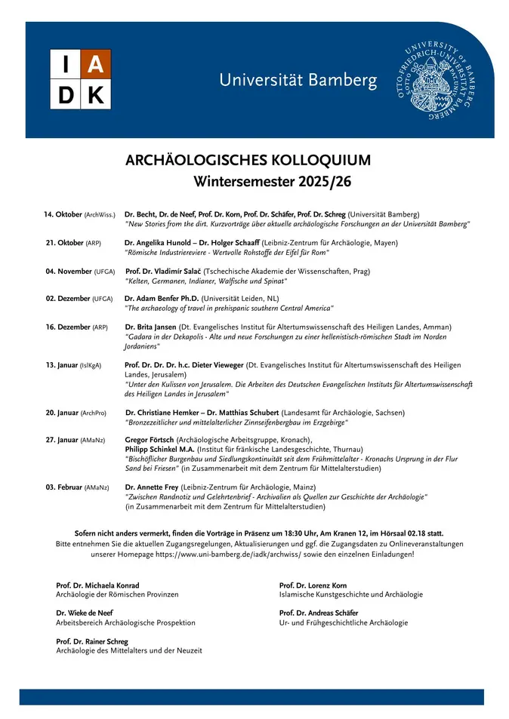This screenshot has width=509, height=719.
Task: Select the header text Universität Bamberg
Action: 298,80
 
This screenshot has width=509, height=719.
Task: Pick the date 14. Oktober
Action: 63,215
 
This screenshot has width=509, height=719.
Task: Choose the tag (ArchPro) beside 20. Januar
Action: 94,413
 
